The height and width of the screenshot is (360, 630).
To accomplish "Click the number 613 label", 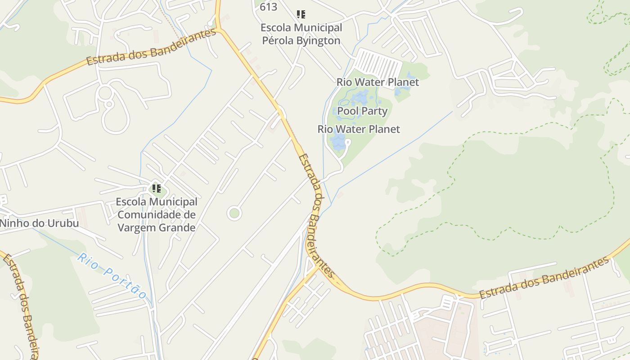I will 268,7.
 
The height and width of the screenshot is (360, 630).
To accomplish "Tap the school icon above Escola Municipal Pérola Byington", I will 301,14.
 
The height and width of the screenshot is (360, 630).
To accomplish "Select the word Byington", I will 318,40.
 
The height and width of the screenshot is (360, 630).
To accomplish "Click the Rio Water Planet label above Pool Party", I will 378,82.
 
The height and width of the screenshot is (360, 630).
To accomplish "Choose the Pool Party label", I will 362,111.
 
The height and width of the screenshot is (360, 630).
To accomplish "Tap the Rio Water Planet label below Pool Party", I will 359,129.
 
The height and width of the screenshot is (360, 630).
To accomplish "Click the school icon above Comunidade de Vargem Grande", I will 157,188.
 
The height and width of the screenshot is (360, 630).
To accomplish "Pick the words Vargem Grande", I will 157,228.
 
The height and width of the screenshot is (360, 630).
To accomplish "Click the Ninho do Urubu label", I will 39,223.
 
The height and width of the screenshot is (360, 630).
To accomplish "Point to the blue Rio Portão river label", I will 112,276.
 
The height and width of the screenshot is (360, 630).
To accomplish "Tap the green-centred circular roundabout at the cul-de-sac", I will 234,213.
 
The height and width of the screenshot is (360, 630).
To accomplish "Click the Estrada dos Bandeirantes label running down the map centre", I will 317,216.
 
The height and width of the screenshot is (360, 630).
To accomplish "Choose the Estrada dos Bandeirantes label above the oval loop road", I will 151,48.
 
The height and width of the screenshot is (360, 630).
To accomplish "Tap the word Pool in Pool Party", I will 347,111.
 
